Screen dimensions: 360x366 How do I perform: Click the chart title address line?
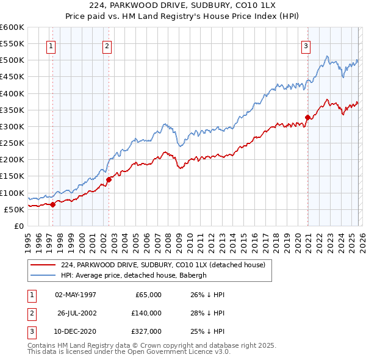tap(183, 6)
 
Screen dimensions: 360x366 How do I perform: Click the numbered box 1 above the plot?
tap(51, 45)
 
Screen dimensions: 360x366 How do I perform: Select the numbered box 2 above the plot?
tap(107, 45)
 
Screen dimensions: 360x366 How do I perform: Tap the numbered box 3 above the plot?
tap(306, 45)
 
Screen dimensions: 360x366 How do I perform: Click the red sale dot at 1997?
tap(52, 204)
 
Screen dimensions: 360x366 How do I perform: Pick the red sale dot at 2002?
tap(109, 179)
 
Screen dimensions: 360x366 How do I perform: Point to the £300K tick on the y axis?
tap(12, 127)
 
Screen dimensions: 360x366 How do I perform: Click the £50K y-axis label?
tap(15, 209)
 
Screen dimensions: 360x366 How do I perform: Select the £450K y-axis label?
tap(12, 77)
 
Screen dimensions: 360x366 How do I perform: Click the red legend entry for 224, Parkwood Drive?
tap(163, 265)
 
